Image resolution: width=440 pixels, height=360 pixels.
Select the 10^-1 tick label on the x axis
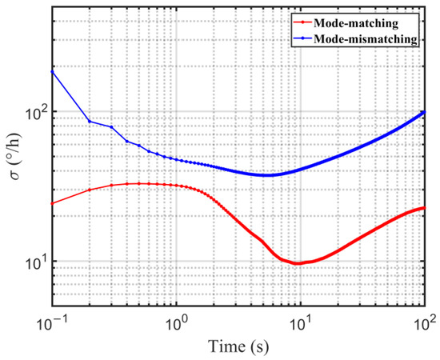[x=52, y=322]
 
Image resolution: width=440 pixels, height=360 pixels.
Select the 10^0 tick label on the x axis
[x=176, y=322]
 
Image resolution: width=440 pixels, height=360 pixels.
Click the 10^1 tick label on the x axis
[x=300, y=322]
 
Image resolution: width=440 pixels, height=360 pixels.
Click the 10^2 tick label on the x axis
[x=423, y=322]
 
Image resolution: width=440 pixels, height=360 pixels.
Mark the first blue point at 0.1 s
[x=52, y=71]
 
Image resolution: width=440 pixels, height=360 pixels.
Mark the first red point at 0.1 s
[x=52, y=203]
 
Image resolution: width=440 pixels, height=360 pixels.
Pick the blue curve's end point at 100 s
[x=424, y=112]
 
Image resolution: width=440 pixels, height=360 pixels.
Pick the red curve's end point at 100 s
[x=424, y=208]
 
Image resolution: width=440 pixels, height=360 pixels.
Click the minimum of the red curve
[x=298, y=263]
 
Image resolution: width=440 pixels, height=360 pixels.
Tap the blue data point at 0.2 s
[x=90, y=122]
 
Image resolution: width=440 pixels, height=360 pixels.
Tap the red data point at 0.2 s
[x=90, y=190]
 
